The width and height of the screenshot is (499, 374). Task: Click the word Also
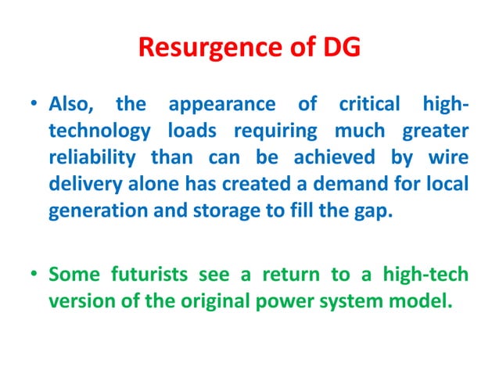pos(70,105)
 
